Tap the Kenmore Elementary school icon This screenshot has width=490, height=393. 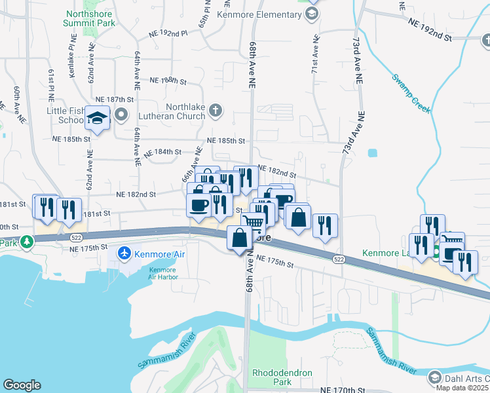[313, 14]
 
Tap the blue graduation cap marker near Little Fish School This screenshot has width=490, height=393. [97, 119]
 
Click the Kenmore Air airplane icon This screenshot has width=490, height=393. [124, 253]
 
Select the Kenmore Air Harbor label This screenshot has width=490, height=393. [162, 273]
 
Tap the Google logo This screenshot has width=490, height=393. [22, 385]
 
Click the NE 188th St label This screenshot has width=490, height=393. [168, 81]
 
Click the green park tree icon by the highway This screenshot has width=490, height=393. [26, 242]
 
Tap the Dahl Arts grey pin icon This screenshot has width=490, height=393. [434, 378]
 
